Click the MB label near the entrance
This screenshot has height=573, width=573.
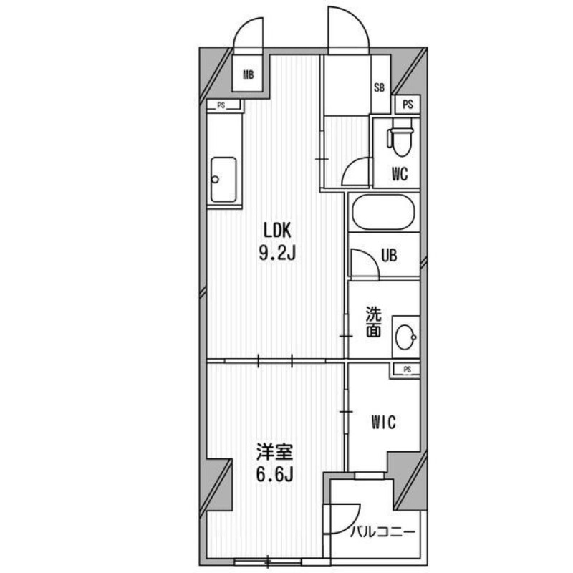coord(248,75)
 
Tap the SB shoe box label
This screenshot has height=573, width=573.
coord(380,87)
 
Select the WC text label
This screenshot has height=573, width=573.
coord(400,174)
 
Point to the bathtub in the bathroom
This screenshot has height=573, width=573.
coord(383,212)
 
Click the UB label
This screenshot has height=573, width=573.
coord(389,256)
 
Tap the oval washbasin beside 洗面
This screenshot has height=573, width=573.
coord(405,337)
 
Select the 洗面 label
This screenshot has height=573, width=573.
coord(374,322)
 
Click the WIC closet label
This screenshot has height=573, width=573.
coord(384,423)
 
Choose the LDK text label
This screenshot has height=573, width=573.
coord(277,231)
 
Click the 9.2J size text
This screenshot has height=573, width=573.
coord(277,253)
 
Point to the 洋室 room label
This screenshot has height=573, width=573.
coord(274,453)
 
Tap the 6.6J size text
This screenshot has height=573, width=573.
coord(275,474)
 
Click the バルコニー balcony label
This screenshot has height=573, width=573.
coord(382,532)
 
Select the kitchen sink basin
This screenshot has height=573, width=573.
coord(223,180)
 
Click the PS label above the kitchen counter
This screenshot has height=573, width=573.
coord(221,105)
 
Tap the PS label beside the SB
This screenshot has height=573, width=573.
coord(408,105)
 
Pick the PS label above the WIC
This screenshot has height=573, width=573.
coord(407,370)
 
